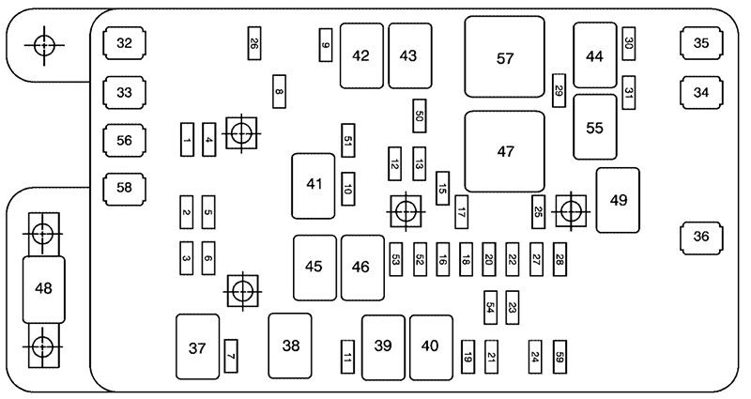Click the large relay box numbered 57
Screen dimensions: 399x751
[505, 56]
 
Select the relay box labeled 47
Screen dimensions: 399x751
[505, 152]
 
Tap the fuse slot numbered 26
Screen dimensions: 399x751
[253, 42]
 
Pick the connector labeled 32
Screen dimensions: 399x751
[124, 43]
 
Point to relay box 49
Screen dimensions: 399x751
[617, 199]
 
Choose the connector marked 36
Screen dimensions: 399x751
[701, 237]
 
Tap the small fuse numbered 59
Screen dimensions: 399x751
[559, 357]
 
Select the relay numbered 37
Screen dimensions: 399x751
[197, 347]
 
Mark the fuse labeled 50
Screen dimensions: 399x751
[420, 115]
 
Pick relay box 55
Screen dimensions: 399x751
[594, 127]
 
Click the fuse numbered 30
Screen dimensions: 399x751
[629, 42]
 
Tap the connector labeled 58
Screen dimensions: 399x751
[124, 188]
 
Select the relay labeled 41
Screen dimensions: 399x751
[314, 185]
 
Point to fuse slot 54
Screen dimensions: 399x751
[490, 305]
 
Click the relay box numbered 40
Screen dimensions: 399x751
[430, 346]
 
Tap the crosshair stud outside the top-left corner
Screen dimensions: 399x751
[42, 43]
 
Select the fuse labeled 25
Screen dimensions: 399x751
[539, 211]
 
